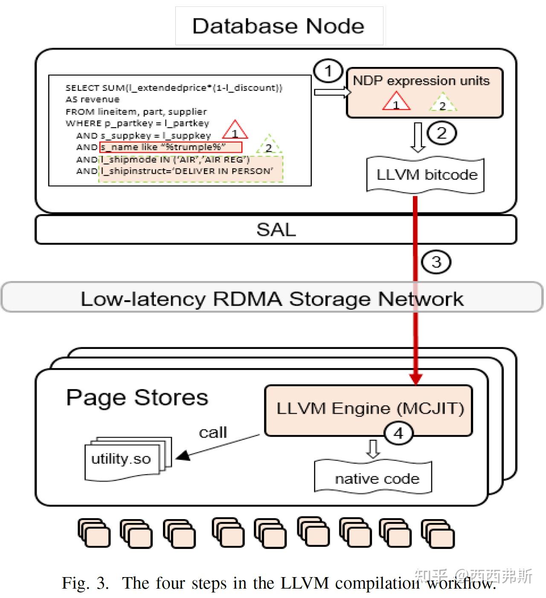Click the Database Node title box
(279, 26)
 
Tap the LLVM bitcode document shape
(425, 175)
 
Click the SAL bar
(276, 230)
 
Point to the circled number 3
(436, 261)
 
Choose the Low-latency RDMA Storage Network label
(272, 298)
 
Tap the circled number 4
(398, 433)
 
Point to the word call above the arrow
(213, 432)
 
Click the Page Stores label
(137, 397)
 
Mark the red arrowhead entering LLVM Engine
(415, 378)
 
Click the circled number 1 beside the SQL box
(328, 71)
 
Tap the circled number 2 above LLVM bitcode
(441, 133)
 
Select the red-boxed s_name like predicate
(171, 147)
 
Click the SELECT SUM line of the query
(174, 87)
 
